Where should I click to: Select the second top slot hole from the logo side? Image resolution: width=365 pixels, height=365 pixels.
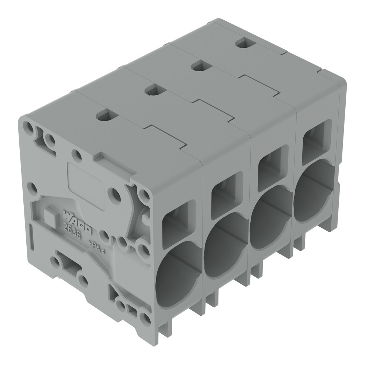154,89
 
